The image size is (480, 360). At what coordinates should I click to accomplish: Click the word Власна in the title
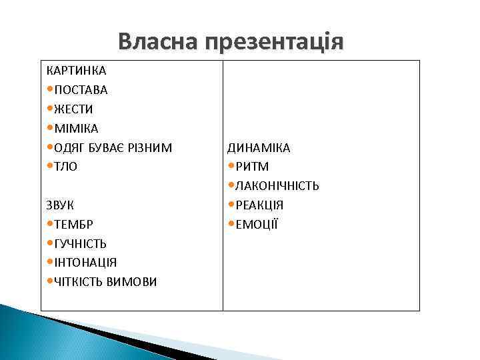click(x=159, y=42)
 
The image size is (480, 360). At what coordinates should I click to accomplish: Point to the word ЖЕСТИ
click(x=74, y=109)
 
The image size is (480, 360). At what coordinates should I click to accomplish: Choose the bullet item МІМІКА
click(x=76, y=128)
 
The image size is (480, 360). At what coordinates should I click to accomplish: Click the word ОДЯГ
click(x=69, y=147)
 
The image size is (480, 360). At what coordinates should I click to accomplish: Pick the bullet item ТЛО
click(x=66, y=167)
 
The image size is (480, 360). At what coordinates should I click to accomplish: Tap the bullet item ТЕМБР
click(x=74, y=225)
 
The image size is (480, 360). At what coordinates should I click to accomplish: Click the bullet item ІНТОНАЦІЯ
click(x=85, y=263)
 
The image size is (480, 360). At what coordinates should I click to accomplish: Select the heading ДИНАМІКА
click(x=259, y=147)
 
